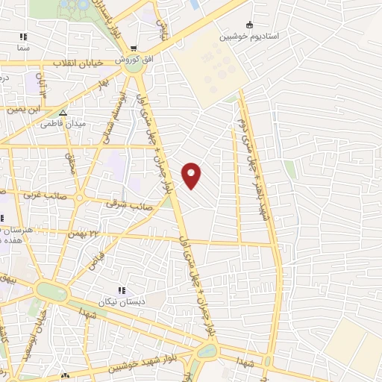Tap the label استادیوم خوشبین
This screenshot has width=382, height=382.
tap(249, 35)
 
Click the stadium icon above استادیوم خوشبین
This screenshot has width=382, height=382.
tap(249, 24)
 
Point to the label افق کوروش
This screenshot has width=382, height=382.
tap(132, 58)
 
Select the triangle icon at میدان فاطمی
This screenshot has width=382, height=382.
tap(63, 113)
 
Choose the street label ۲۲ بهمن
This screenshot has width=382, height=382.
tap(88, 234)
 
